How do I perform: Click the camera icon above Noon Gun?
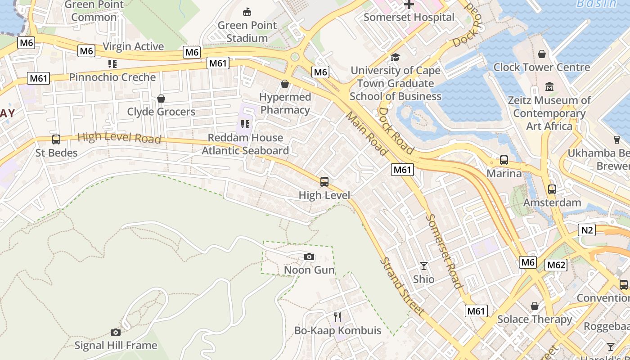(309, 257)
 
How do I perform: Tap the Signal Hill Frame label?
(116, 346)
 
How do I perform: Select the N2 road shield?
(587, 230)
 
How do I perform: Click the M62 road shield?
(556, 265)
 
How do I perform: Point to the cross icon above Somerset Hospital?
(409, 4)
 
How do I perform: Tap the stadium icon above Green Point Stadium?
(247, 12)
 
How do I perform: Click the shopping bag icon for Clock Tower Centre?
(542, 54)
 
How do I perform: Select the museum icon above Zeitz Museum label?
(549, 86)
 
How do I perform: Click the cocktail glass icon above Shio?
(423, 266)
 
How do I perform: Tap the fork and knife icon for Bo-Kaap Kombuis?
(338, 317)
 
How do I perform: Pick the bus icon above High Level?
(324, 182)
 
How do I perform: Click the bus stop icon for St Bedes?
(56, 139)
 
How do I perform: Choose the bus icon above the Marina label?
(504, 160)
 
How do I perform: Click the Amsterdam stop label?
(552, 202)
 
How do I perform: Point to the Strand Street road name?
(402, 286)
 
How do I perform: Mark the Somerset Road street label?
(444, 251)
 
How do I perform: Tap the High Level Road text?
(119, 138)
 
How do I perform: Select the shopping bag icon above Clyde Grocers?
(161, 99)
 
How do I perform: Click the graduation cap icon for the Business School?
(395, 57)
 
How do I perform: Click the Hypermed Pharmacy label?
(285, 103)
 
